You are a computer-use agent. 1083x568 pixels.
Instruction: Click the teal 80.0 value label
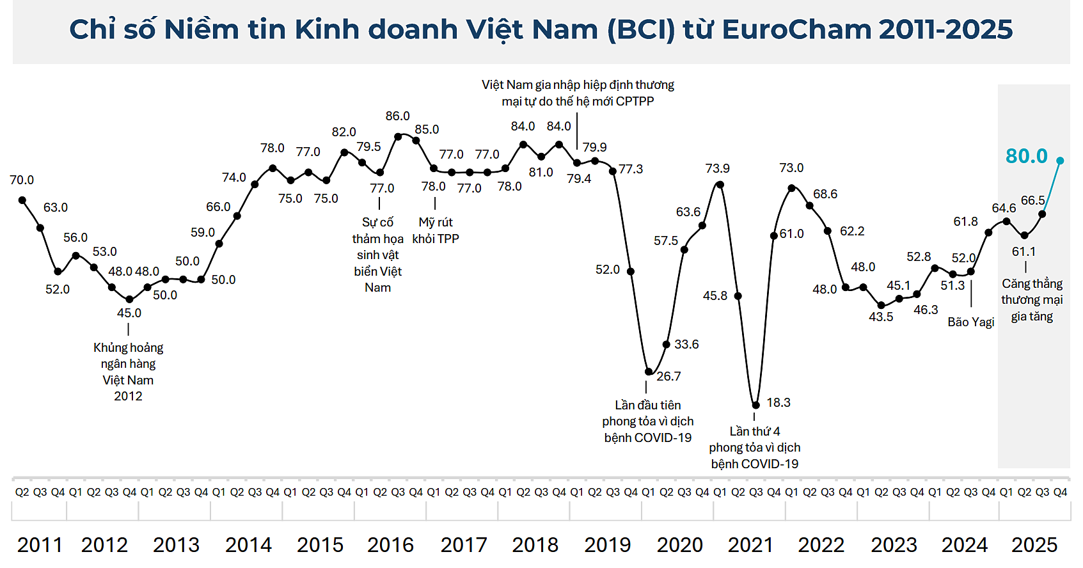tap(1026, 156)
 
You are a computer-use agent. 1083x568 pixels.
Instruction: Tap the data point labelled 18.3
tap(755, 405)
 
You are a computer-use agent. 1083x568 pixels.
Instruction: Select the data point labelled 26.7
tap(649, 372)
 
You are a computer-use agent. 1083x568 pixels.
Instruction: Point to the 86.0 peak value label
tap(397, 116)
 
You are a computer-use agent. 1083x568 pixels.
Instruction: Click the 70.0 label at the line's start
tap(22, 180)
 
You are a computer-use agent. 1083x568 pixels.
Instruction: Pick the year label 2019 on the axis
tap(607, 545)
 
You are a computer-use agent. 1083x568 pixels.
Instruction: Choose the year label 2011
tap(40, 545)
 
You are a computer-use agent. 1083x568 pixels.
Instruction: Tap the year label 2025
tap(1034, 545)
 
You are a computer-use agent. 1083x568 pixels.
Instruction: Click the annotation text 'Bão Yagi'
tap(970, 322)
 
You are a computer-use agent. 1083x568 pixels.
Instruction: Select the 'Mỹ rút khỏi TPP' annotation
tap(436, 230)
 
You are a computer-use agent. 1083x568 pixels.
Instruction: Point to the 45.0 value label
tap(129, 313)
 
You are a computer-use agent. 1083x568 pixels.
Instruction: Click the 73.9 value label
tap(717, 168)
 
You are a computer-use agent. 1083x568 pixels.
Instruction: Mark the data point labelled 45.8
tap(738, 296)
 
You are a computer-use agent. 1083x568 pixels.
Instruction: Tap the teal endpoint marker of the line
tap(1060, 161)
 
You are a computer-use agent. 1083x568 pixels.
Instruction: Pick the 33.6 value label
tap(686, 344)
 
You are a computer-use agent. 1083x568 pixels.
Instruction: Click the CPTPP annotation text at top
tap(578, 93)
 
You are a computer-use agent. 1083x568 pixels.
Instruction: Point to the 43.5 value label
tap(881, 317)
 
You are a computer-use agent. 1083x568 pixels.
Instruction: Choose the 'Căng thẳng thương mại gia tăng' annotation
tap(1032, 300)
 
